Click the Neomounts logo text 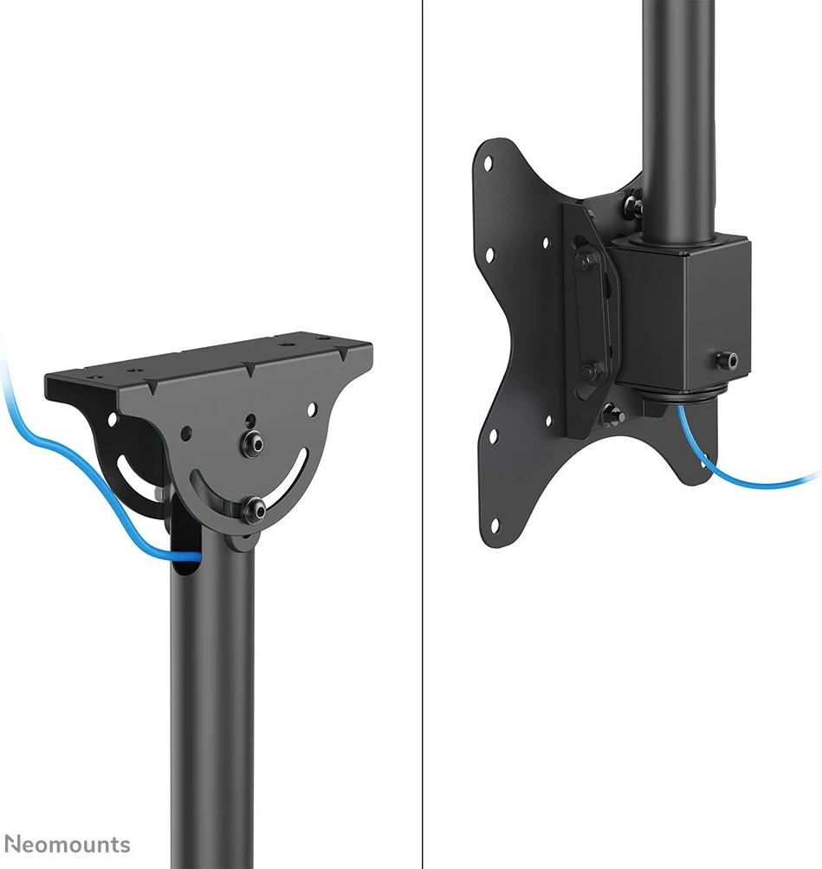[68, 845]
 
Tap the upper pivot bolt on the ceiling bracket [253, 442]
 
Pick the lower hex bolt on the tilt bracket [590, 371]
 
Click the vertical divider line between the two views [422, 433]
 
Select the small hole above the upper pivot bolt [250, 422]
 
